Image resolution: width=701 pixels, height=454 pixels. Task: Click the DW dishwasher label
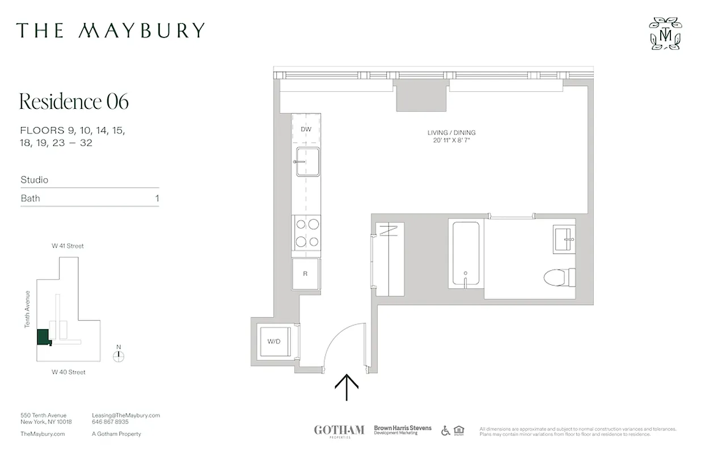[x=306, y=129]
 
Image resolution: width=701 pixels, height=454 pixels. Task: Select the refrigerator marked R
[x=305, y=274]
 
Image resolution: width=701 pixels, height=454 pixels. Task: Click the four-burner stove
[x=306, y=233]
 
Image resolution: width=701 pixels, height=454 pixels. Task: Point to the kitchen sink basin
[x=307, y=161]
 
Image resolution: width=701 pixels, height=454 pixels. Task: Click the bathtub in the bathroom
[x=466, y=253]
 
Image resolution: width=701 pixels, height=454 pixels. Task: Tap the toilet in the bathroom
[x=559, y=278]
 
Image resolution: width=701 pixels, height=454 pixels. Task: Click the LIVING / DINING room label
[x=451, y=133]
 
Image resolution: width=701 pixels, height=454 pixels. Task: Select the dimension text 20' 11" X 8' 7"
[x=451, y=140]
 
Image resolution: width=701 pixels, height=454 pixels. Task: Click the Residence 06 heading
[x=74, y=102]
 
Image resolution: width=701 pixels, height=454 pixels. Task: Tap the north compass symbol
[x=119, y=356]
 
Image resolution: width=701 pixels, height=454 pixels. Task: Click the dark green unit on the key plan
[x=43, y=337]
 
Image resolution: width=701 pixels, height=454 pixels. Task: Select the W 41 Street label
[x=68, y=246]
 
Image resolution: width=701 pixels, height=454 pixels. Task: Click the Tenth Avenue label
[x=27, y=309]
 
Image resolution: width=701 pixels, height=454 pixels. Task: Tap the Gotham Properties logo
[x=339, y=430]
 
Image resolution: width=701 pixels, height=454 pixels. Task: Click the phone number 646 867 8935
[x=110, y=422]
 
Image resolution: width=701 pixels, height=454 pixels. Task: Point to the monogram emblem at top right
[x=665, y=33]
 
